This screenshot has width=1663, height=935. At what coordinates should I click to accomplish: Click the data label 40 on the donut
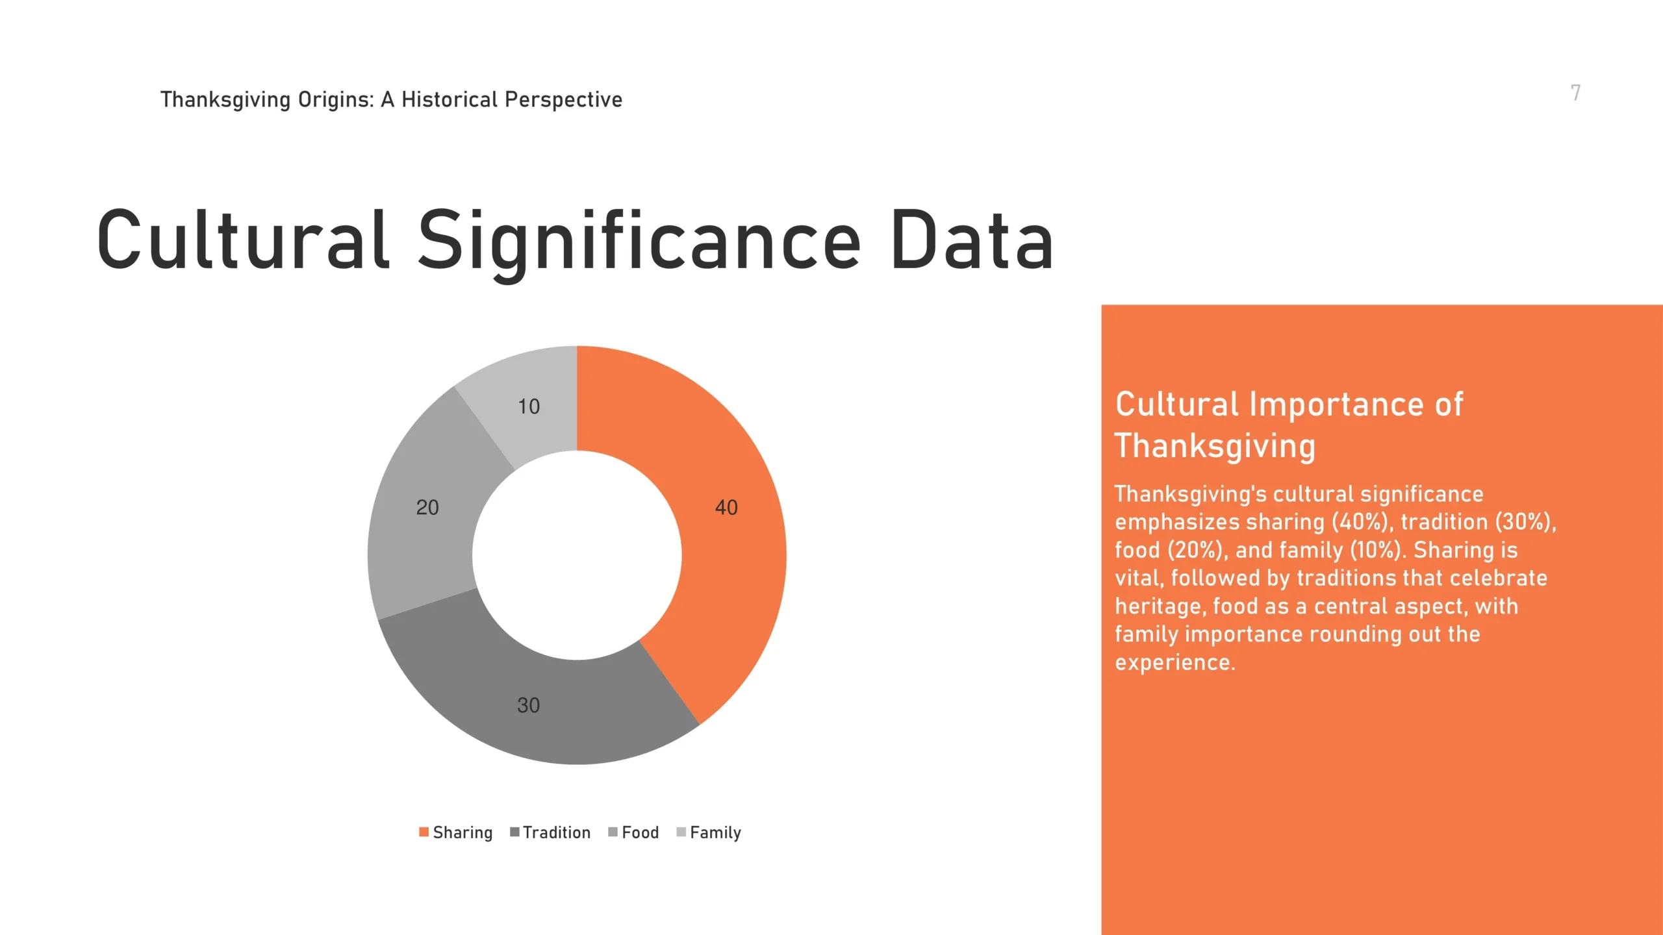pos(726,508)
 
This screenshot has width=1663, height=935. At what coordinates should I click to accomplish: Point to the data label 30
pos(528,706)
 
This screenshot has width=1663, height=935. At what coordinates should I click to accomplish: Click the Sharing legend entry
pos(456,832)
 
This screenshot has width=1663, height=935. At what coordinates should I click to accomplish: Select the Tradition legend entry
pos(550,832)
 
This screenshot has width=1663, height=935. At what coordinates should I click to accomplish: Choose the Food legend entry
pos(633,832)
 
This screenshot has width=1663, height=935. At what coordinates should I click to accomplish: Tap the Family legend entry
pos(709,832)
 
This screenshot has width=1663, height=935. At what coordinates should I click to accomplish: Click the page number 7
pos(1576,93)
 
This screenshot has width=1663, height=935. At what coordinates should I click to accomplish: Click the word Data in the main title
pos(972,240)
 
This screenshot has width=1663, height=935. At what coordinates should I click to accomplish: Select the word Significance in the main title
pos(639,243)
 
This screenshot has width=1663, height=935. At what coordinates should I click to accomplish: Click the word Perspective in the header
pos(563,100)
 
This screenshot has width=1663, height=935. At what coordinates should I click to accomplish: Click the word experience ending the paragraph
pos(1175,663)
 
